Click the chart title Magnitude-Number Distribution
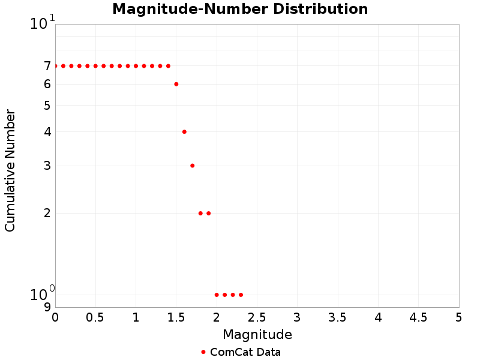point(240,9)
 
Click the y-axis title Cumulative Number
point(10,170)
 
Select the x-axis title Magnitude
point(257,334)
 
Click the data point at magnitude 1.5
point(176,84)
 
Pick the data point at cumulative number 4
point(184,131)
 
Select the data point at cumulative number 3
point(193,166)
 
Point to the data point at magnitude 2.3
point(241,295)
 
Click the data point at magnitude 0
point(55,66)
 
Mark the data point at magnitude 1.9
point(208,213)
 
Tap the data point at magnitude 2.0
point(217,295)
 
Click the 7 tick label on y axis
point(47,66)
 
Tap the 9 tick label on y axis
point(47,307)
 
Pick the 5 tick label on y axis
point(47,106)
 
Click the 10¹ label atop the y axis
point(42,23)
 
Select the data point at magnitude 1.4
point(168,66)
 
